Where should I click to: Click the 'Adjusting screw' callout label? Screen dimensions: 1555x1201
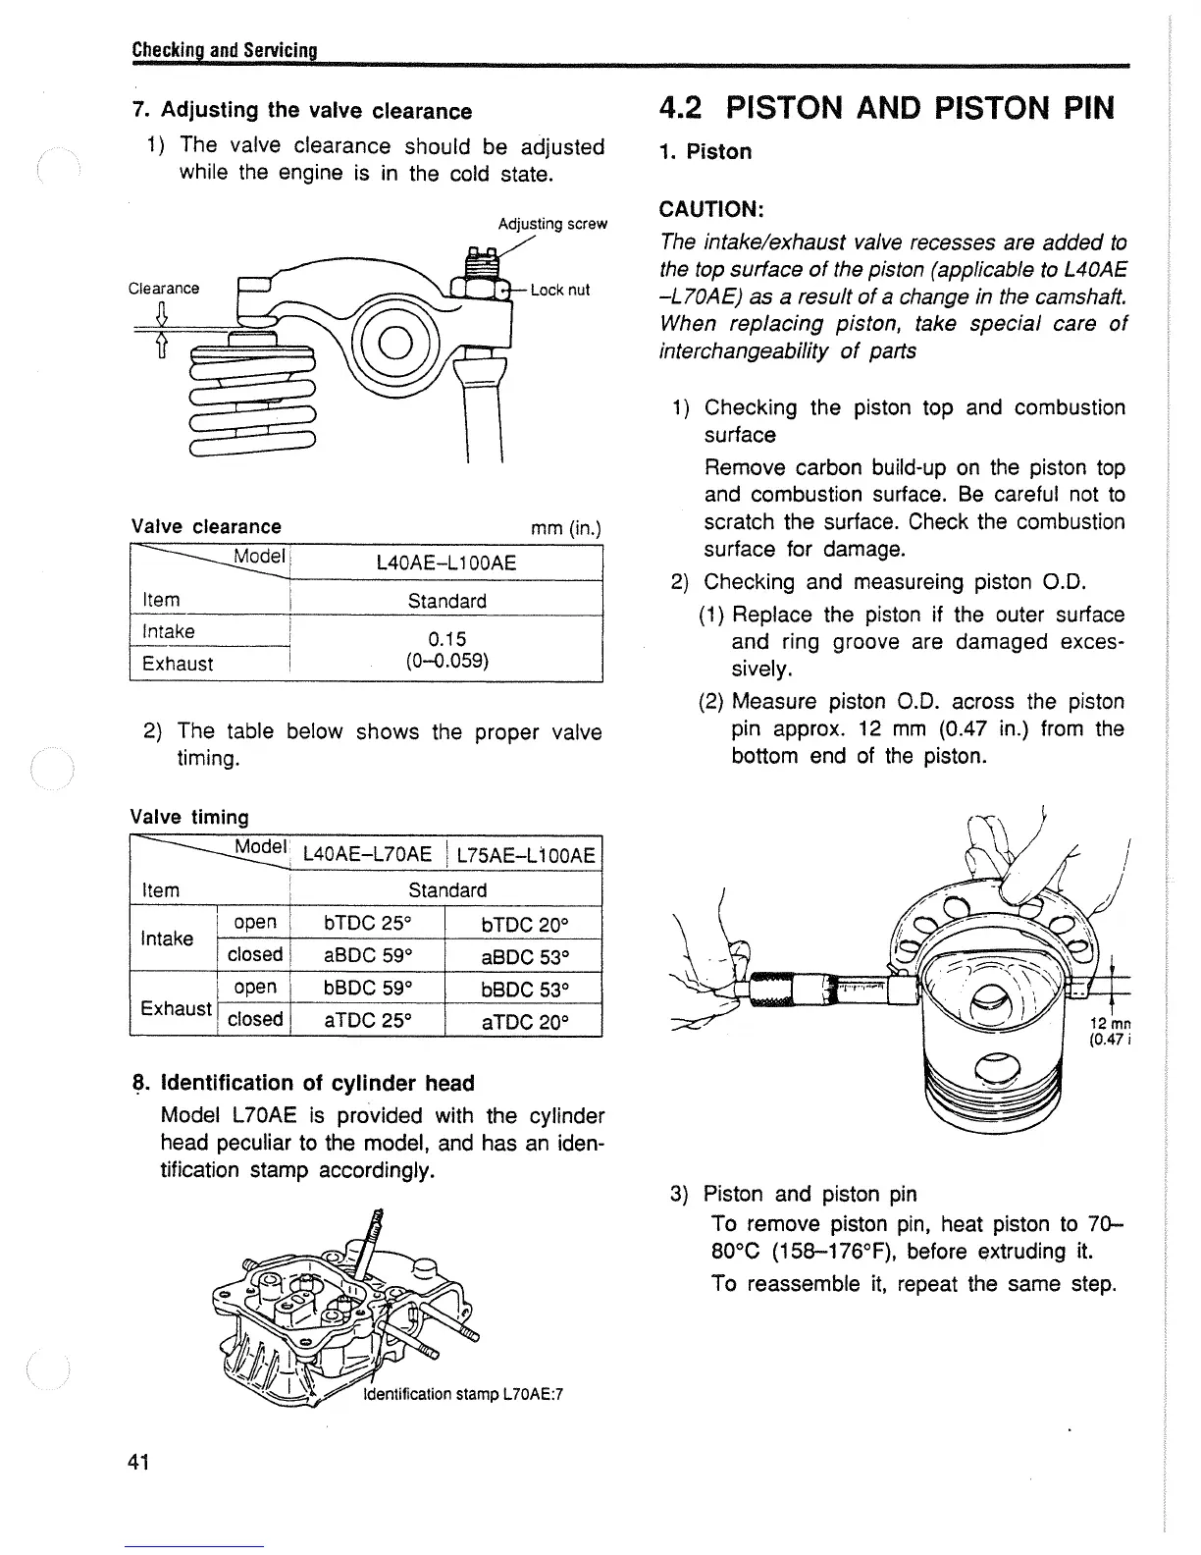(x=552, y=224)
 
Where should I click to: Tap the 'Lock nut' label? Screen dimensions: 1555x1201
(x=560, y=290)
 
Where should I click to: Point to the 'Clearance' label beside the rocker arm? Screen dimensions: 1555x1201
(x=164, y=289)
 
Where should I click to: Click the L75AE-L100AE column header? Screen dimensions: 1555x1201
(x=526, y=855)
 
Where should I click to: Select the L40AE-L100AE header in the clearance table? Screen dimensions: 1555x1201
(x=446, y=563)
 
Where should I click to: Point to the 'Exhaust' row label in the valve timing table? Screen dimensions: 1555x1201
(x=176, y=1008)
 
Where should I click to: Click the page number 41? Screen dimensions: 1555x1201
(x=138, y=1463)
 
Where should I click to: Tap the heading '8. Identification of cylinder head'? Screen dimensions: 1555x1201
(x=302, y=1083)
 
